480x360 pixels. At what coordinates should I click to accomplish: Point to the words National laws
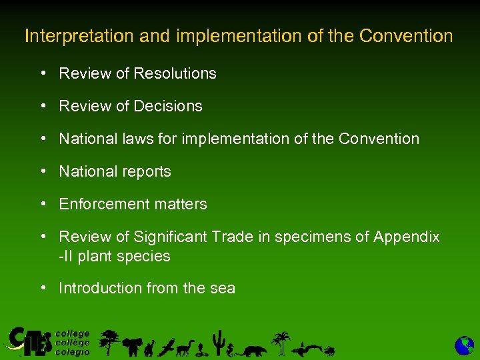point(101,139)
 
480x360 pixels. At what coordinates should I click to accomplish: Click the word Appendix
point(407,237)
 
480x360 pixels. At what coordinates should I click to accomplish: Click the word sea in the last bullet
point(223,288)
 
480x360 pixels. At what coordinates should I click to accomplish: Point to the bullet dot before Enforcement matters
point(43,203)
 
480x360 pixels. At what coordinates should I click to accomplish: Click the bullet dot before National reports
point(43,170)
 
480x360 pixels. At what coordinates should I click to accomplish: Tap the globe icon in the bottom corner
point(465,345)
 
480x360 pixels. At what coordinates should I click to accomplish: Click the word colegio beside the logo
point(73,353)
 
